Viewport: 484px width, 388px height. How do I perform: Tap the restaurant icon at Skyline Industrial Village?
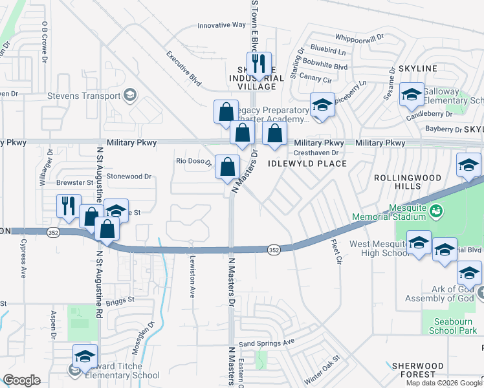(x=258, y=64)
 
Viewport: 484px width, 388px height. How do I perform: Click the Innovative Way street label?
(x=221, y=25)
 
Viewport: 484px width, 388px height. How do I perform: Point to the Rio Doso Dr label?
(x=195, y=162)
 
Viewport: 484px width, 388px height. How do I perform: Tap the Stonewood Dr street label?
(x=129, y=176)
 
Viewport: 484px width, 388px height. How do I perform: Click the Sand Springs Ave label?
(x=267, y=341)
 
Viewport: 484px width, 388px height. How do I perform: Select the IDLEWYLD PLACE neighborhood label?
(x=313, y=164)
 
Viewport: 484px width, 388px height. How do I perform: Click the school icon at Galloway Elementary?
(x=411, y=94)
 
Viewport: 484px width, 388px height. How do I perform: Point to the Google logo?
(x=21, y=380)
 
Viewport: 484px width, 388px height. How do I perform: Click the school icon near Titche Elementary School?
(x=84, y=356)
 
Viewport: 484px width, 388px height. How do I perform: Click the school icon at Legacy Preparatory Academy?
(x=322, y=105)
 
